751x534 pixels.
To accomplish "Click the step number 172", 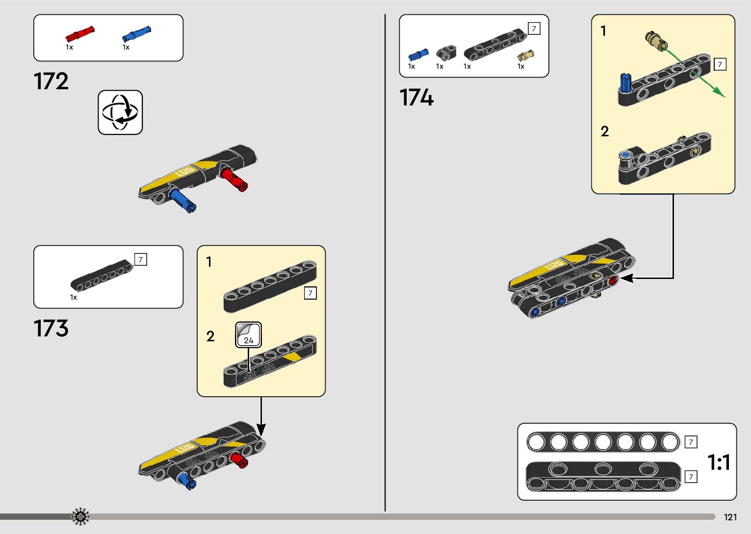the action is coord(51,81).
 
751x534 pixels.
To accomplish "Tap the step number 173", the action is coord(51,329).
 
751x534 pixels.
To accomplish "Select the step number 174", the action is coord(416,97).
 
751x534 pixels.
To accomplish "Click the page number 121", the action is coord(730,517).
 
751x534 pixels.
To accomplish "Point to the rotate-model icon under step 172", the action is coord(120,112).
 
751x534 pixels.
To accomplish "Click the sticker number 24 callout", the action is coord(248,335).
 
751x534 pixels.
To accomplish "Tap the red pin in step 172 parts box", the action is coord(79,34).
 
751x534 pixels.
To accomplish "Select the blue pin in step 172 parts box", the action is coord(136,34).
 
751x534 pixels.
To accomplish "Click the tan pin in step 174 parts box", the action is coord(525,55).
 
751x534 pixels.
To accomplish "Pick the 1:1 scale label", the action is coord(719,462).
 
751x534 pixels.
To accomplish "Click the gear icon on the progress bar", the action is coord(80,516).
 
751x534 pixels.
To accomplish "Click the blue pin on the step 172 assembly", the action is coord(182,200).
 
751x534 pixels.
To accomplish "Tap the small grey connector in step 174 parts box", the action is coord(445,52).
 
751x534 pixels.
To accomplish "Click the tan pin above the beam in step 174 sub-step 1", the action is coord(656,41).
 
